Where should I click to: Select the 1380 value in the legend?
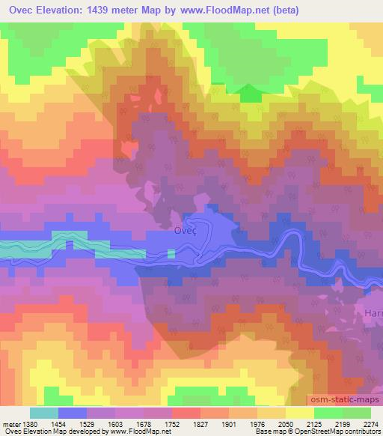point(28,423)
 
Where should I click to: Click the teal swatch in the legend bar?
point(44,413)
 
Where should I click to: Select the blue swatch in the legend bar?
point(73,413)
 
